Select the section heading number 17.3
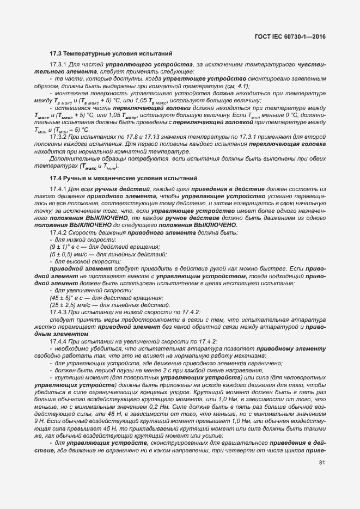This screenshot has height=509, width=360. tap(56, 54)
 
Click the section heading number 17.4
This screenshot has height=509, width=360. tap(56, 178)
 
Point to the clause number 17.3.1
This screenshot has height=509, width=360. tap(58, 65)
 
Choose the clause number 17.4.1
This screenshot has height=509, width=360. tap(58, 188)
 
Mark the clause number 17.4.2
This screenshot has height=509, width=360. tap(58, 232)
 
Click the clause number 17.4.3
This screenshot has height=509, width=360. tap(58, 312)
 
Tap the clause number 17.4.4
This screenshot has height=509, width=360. tap(58, 341)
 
